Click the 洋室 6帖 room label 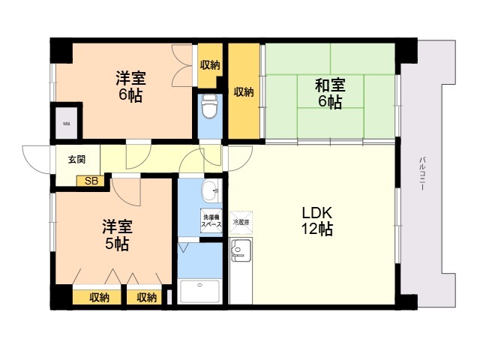130,86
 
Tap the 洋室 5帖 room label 117,234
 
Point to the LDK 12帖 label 316,220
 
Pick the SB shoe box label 91,181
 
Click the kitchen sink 240,251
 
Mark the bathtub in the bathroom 200,292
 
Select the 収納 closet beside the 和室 243,92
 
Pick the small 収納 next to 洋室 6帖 210,64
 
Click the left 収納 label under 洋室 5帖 100,298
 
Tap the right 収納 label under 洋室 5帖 147,298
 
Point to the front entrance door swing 37,157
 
